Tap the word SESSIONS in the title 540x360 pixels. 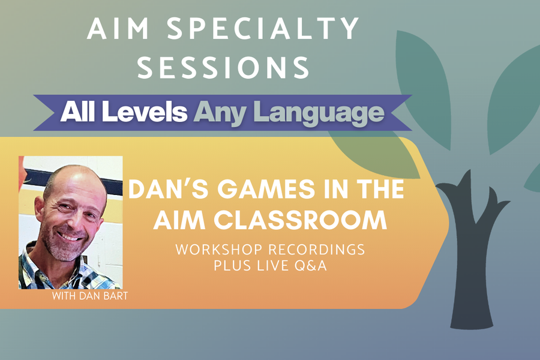click(x=223, y=68)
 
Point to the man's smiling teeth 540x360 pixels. click(x=70, y=236)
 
